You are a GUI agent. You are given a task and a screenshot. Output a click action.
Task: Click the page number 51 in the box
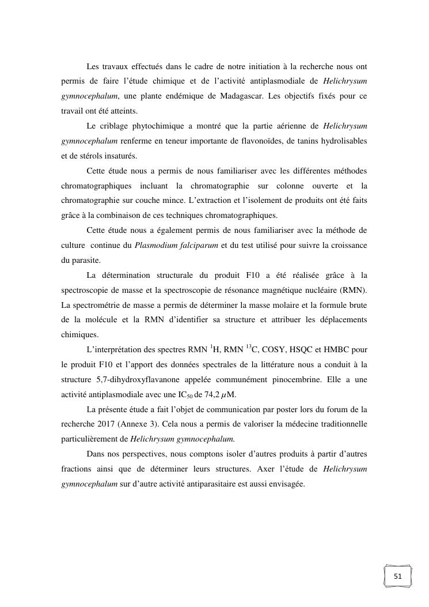[x=398, y=576]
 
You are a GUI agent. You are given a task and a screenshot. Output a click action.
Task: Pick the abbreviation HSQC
[x=310, y=349]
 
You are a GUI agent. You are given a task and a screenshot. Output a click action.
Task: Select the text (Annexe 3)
[x=142, y=425]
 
